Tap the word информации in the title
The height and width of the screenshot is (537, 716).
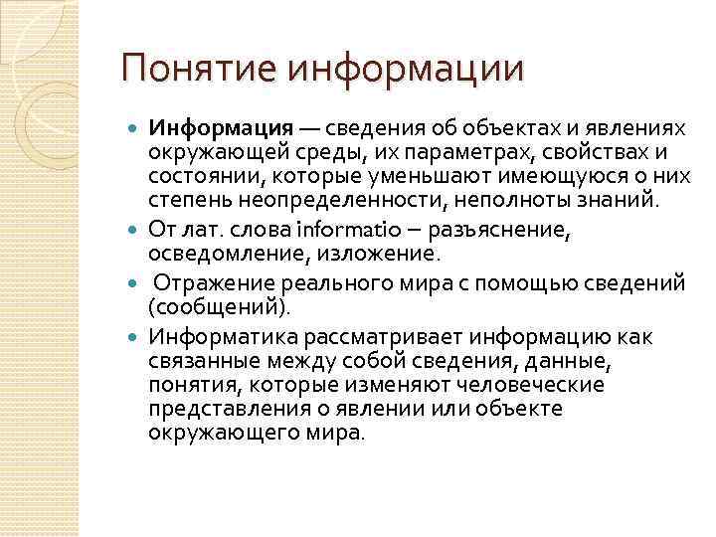pyautogui.click(x=403, y=69)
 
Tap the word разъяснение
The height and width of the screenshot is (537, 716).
pyautogui.click(x=487, y=231)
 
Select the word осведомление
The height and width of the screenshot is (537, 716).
pyautogui.click(x=211, y=257)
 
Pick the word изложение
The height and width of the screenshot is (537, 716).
pyautogui.click(x=337, y=257)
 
